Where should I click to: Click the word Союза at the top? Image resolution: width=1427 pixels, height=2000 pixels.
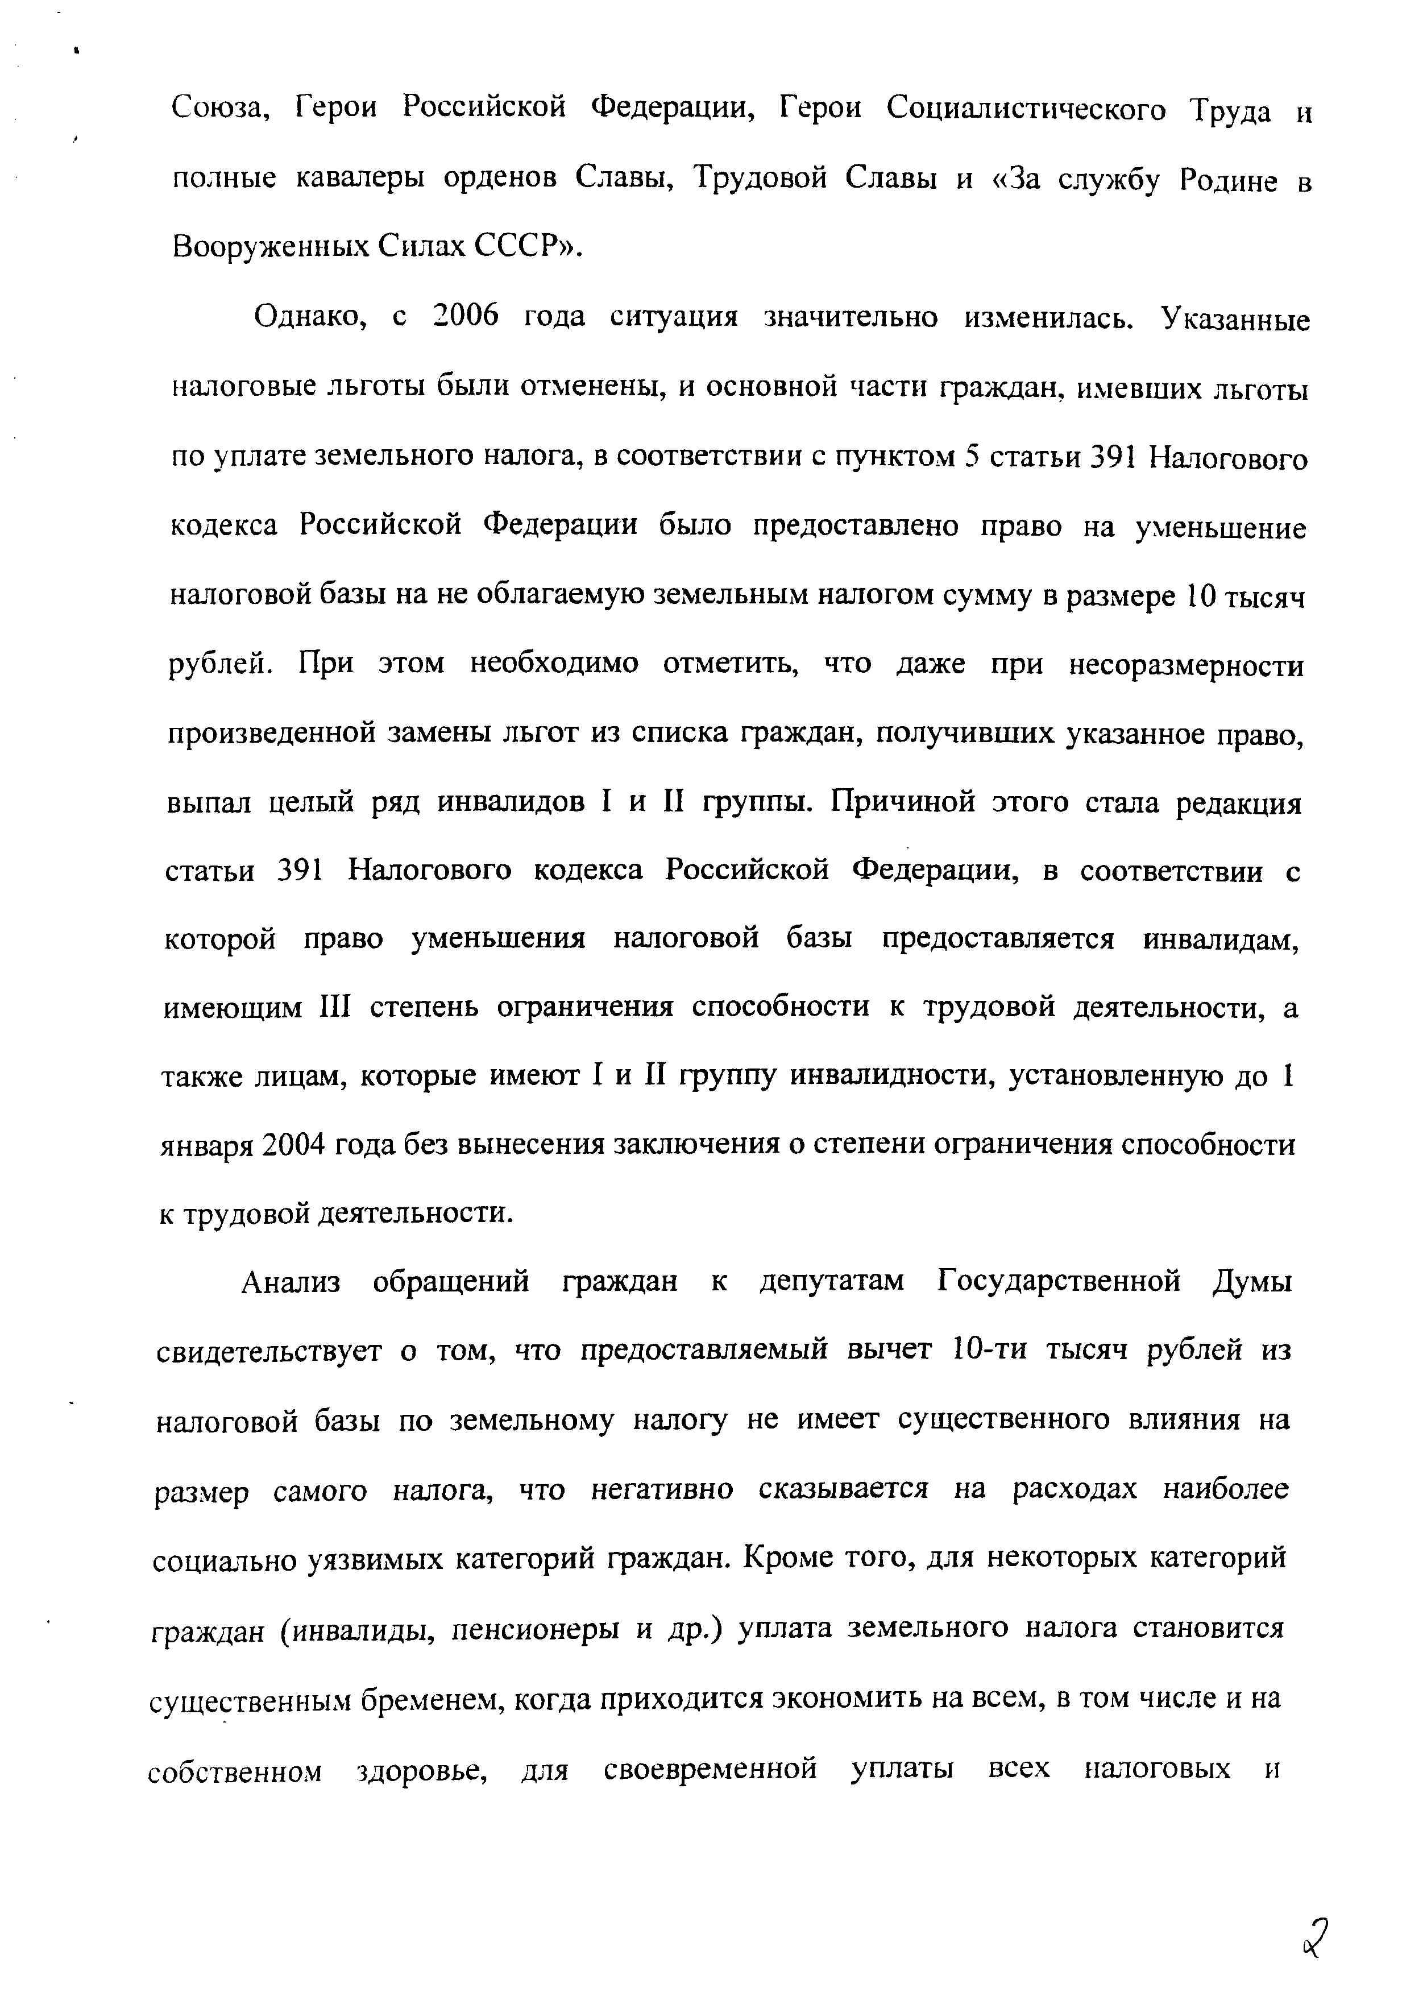pos(219,109)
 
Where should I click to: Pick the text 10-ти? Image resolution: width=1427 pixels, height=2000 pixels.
pos(989,1351)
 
